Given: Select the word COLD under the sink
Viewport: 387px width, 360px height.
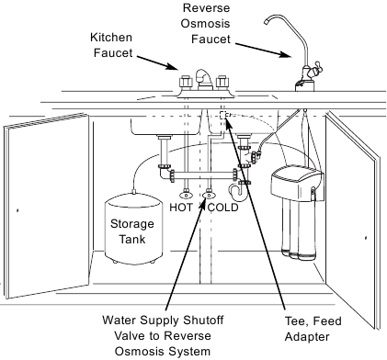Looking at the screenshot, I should click(222, 208).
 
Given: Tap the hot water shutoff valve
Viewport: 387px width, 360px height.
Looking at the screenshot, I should click(188, 194).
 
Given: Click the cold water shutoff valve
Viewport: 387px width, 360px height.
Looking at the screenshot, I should click(211, 194).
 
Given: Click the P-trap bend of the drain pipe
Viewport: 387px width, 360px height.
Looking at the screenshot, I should click(243, 190).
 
